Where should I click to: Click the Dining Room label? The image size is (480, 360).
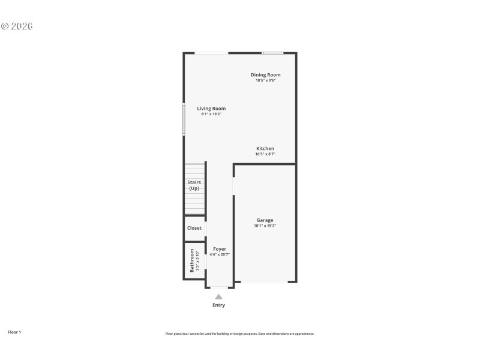click(265, 75)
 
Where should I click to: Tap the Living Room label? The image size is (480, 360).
click(211, 109)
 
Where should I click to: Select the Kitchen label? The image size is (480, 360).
click(265, 148)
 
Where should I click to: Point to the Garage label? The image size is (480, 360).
click(265, 220)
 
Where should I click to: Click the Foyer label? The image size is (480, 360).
click(220, 248)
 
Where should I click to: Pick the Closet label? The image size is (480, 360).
click(194, 228)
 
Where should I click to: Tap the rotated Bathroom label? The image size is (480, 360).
click(192, 260)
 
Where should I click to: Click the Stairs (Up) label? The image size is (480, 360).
click(194, 185)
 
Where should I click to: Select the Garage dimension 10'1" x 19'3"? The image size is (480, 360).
click(265, 226)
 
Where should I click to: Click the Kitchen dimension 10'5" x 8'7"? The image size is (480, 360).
click(265, 154)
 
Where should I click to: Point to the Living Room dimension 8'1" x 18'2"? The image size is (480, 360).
click(211, 114)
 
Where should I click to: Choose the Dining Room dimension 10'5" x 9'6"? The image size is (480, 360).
click(265, 80)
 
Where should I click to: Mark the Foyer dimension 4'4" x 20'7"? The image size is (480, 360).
click(220, 254)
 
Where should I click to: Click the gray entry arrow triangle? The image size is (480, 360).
click(219, 296)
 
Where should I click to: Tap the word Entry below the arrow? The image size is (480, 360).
click(219, 305)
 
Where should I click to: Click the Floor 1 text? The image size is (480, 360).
click(14, 332)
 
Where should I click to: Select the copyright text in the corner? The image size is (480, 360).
click(16, 26)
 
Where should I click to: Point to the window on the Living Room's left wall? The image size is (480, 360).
click(184, 120)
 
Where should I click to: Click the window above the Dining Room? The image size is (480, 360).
click(272, 53)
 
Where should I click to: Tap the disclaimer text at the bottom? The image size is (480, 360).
click(240, 334)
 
